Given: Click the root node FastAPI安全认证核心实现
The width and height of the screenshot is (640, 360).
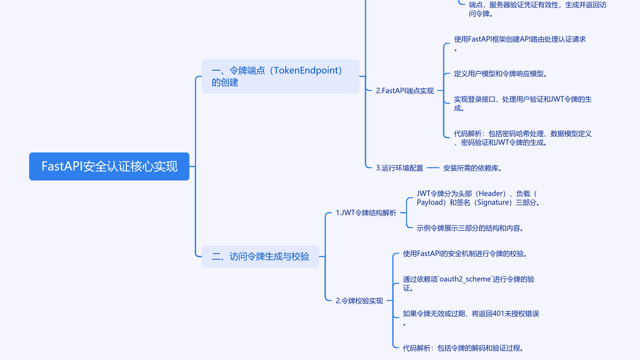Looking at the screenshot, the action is (x=109, y=166).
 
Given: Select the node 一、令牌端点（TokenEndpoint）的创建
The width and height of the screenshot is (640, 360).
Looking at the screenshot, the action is (x=280, y=76).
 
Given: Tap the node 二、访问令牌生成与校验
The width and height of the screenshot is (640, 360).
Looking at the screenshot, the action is (x=260, y=256).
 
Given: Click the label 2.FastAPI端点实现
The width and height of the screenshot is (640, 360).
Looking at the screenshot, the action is (x=405, y=90).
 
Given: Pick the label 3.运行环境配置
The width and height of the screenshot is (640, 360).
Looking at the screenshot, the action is (x=399, y=168).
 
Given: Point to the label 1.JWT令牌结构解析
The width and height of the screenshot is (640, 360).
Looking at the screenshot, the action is (x=366, y=213).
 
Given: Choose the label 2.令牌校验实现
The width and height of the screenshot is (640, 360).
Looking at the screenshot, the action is (x=359, y=300).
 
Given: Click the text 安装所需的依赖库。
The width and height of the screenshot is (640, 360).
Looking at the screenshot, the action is (x=472, y=168).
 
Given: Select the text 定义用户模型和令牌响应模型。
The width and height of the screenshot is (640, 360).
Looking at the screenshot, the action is (x=500, y=74).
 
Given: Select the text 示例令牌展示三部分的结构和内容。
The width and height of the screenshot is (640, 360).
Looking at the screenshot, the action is (x=470, y=228).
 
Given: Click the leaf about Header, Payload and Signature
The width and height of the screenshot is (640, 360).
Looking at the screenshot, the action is (x=478, y=198).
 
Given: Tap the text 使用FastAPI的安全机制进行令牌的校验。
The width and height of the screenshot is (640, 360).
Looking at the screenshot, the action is (x=465, y=254).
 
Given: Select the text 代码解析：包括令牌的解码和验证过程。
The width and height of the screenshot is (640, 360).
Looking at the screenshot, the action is (x=463, y=348).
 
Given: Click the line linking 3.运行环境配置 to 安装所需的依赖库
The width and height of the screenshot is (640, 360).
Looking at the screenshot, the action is (x=433, y=168).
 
